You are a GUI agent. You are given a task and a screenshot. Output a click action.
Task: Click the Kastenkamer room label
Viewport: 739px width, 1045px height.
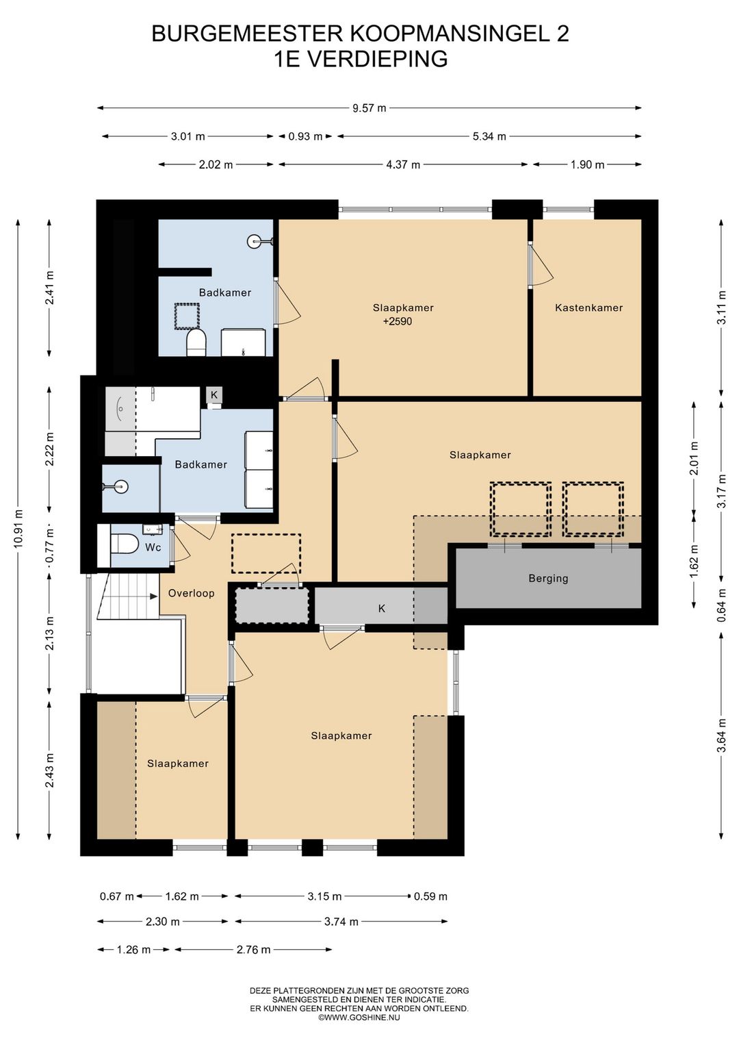point(589,308)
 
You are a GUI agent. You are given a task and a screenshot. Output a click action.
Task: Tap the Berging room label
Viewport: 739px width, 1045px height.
point(548,579)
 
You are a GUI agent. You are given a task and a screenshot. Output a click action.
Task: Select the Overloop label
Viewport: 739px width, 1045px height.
point(191,594)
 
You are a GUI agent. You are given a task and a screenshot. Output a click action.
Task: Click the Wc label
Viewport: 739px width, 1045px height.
point(153,547)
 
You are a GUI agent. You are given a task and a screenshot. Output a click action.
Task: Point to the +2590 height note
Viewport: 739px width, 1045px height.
point(398,321)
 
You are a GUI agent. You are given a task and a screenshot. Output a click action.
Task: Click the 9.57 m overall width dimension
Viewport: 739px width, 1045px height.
point(369,108)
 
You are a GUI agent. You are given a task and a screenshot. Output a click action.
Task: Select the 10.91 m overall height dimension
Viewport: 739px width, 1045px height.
point(18,529)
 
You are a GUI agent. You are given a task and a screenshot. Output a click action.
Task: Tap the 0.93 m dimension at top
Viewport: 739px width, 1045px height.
point(305,137)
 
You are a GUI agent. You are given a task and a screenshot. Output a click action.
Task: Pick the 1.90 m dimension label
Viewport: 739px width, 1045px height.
point(588,164)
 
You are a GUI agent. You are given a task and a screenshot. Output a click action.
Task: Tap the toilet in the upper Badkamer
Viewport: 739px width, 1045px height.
point(196,343)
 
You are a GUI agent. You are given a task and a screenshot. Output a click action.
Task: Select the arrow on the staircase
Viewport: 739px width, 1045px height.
point(153,596)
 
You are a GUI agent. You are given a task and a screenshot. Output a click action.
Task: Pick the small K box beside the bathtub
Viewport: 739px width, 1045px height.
point(214,395)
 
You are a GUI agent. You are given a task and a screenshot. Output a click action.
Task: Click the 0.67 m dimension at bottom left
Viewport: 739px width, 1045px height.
point(116,896)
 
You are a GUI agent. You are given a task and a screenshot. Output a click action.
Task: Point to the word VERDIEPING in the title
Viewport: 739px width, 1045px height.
point(377,60)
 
